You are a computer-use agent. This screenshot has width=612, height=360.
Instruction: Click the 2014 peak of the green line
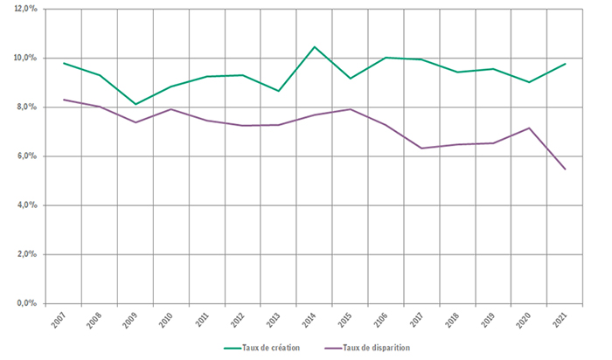pyautogui.click(x=314, y=47)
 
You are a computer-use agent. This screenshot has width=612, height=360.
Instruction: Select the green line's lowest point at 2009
pyautogui.click(x=136, y=104)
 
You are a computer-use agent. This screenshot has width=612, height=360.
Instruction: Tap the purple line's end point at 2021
pyautogui.click(x=565, y=170)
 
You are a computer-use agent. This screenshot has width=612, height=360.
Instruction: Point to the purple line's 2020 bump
pyautogui.click(x=529, y=128)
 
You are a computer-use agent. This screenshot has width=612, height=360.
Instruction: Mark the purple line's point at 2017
pyautogui.click(x=421, y=149)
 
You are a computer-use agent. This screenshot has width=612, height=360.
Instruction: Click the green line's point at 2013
pyautogui.click(x=278, y=91)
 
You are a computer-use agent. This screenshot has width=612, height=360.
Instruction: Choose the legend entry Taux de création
pyautogui.click(x=262, y=348)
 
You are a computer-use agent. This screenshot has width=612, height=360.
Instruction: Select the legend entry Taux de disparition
pyautogui.click(x=367, y=348)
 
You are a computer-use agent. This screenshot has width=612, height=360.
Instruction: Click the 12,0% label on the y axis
pyautogui.click(x=25, y=9)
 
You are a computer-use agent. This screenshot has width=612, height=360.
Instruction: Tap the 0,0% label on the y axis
pyautogui.click(x=27, y=303)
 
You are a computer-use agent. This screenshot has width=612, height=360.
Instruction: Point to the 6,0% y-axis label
pyautogui.click(x=27, y=156)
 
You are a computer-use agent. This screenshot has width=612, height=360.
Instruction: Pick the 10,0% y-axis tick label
pyautogui.click(x=25, y=58)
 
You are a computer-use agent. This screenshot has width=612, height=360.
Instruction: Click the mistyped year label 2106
pyautogui.click(x=379, y=321)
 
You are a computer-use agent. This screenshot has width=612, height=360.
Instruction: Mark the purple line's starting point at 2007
pyautogui.click(x=64, y=100)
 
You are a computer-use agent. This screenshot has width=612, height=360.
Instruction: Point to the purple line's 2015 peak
pyautogui.click(x=350, y=109)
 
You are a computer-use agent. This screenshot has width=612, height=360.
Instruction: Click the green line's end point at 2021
pyautogui.click(x=565, y=64)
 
